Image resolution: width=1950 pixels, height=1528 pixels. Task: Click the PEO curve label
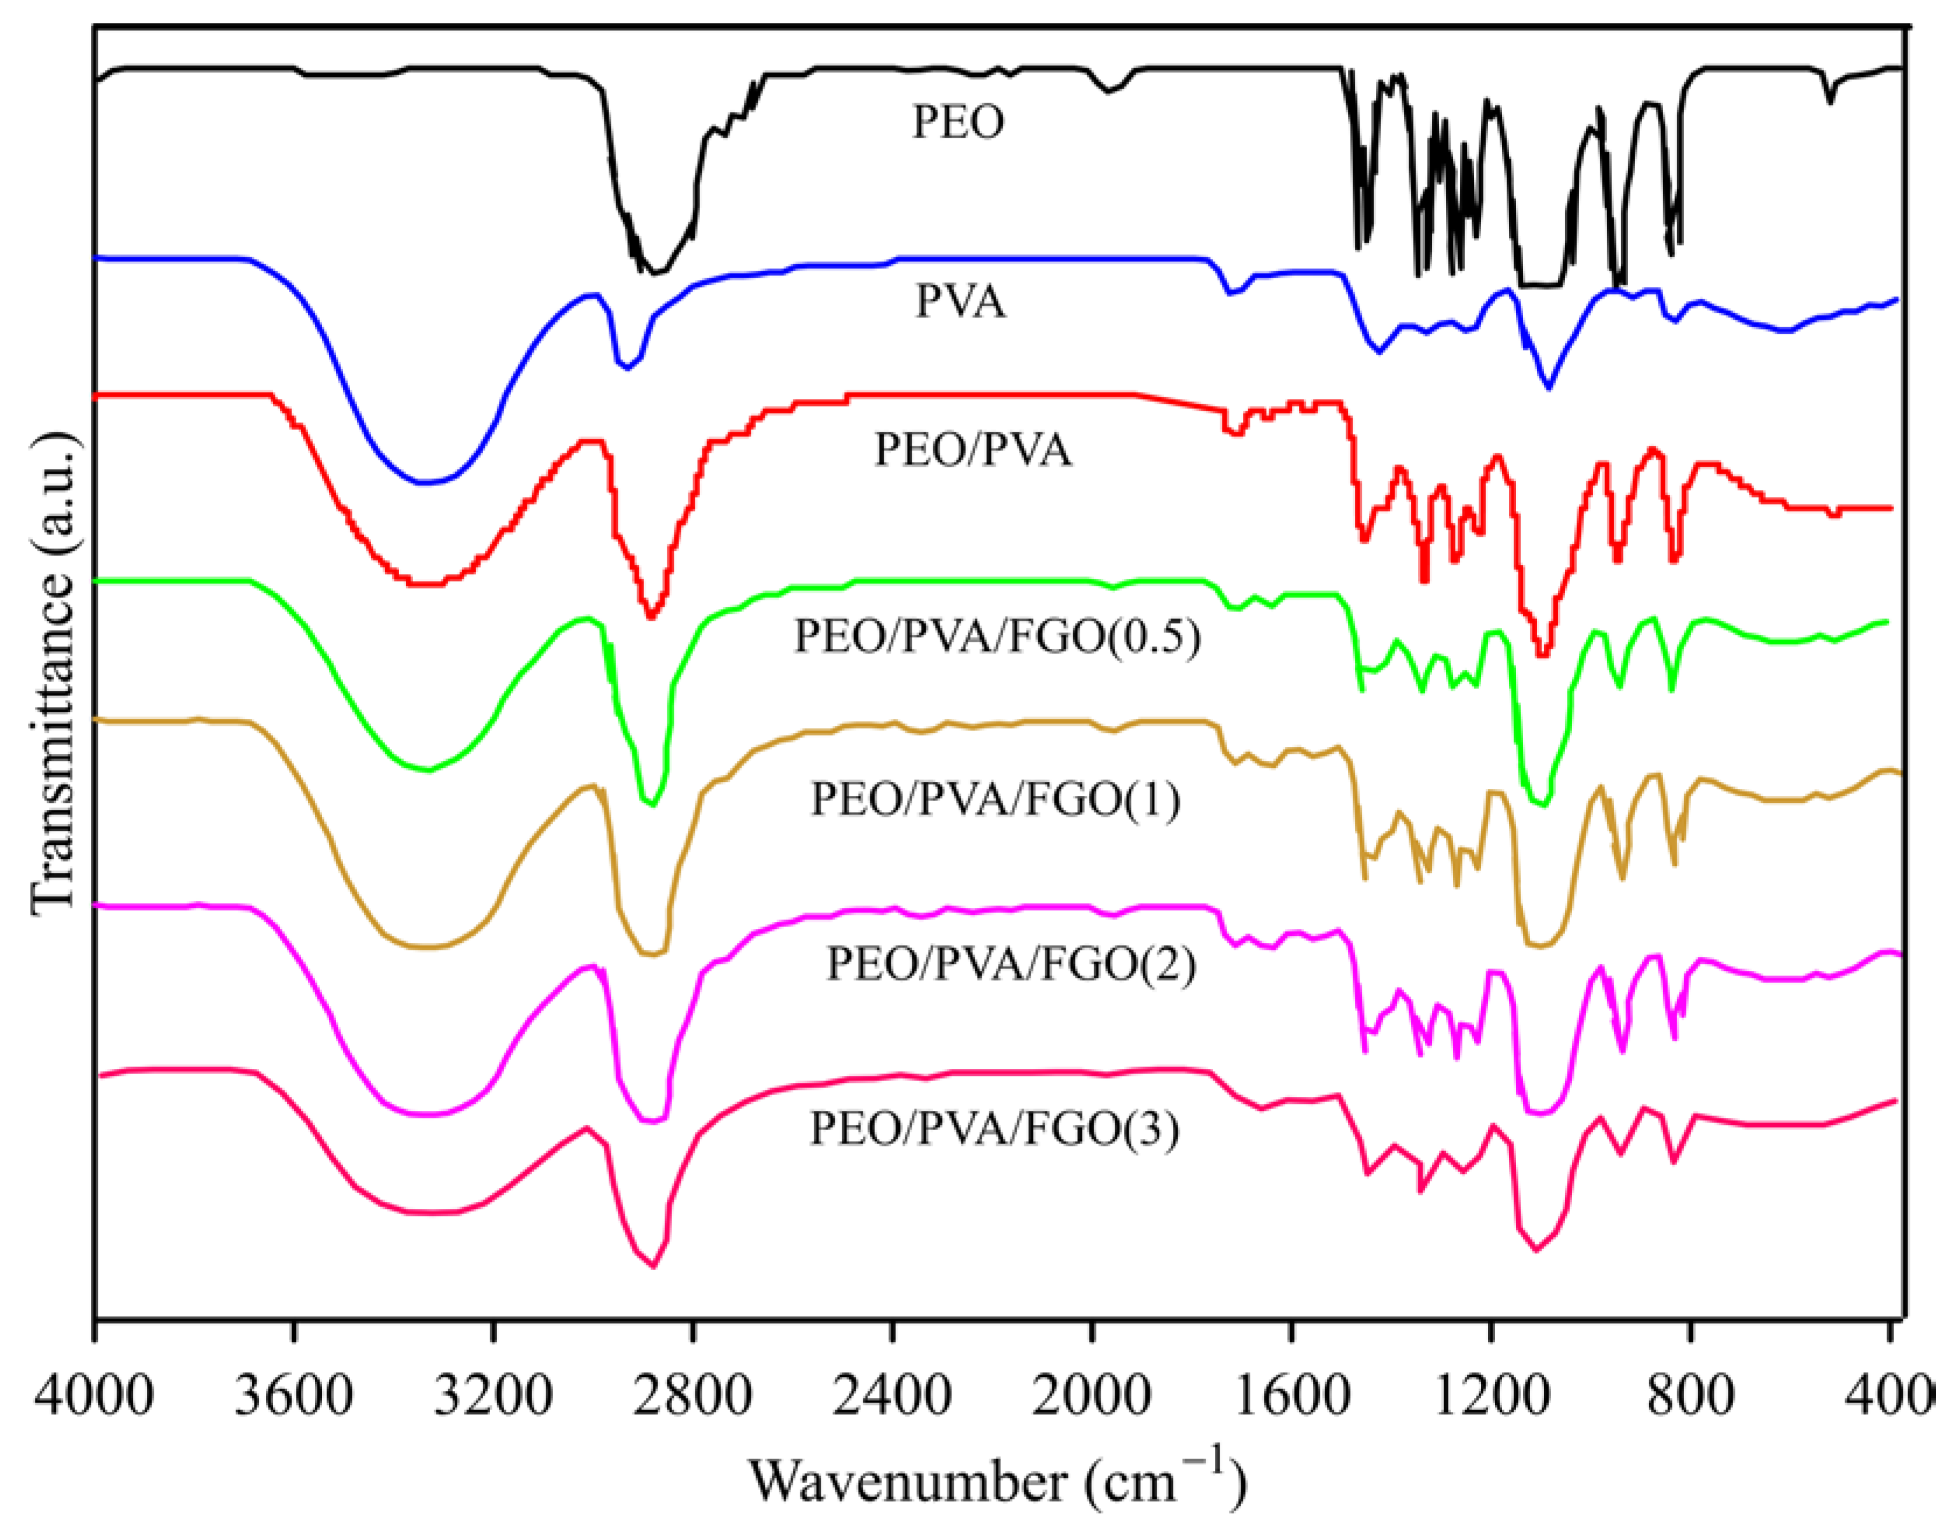[x=958, y=122]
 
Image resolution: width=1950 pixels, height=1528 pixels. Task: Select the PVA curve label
[x=960, y=302]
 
